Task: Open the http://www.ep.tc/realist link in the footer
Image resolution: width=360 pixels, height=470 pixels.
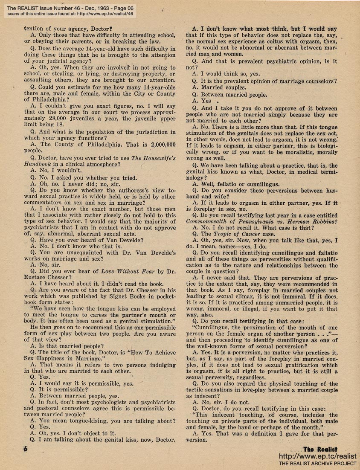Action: (x=317, y=456)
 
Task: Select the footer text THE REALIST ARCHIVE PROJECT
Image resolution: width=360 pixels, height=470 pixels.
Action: (x=317, y=464)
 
